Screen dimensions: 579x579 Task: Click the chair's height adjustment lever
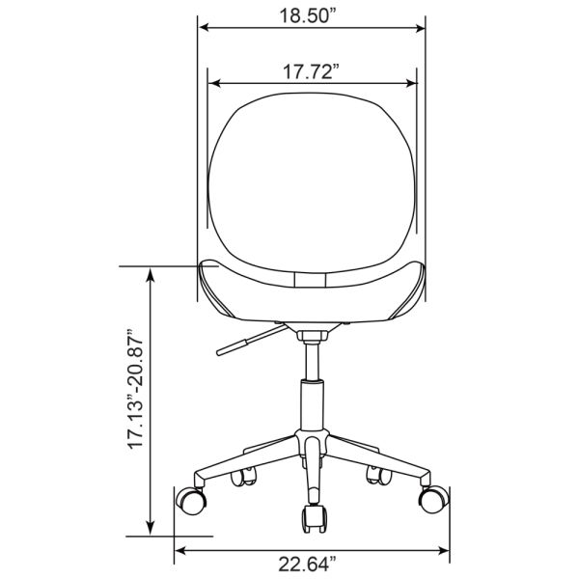pos(247,339)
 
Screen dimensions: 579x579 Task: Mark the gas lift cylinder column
pos(312,405)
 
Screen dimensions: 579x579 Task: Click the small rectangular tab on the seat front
pos(311,279)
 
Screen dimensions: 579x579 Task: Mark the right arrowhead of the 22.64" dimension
pos(446,551)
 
